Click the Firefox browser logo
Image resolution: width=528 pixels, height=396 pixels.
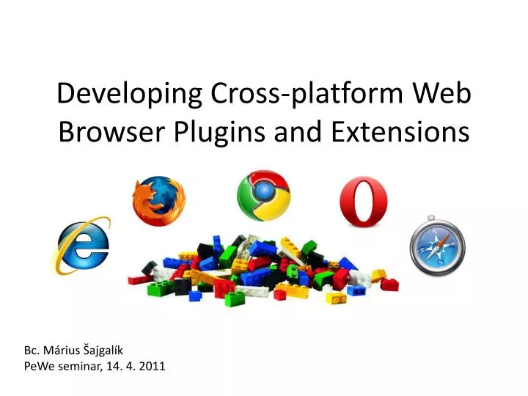pos(159,201)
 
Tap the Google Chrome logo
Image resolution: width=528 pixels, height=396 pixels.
pos(263,196)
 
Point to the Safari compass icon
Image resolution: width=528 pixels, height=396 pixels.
pos(436,246)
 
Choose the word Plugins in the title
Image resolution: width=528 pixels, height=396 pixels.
pos(229,133)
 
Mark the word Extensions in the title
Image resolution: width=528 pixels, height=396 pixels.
pos(400,133)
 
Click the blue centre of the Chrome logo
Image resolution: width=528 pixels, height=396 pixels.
pos(263,195)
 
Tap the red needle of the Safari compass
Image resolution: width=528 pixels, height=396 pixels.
pos(441,239)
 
